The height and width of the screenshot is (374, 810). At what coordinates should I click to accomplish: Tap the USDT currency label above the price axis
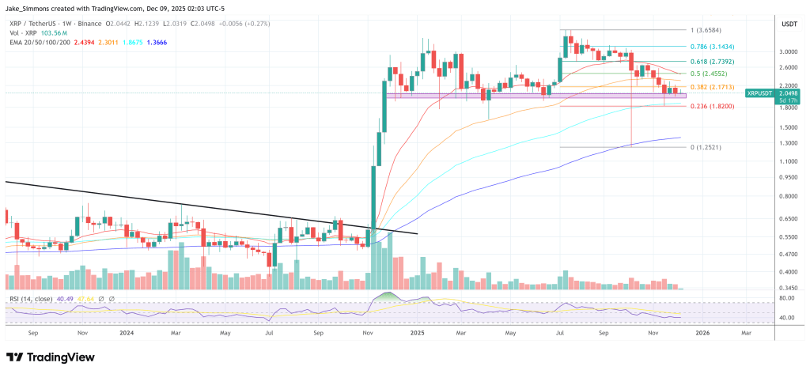coord(789,25)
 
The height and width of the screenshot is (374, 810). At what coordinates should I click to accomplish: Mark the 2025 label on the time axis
coord(418,334)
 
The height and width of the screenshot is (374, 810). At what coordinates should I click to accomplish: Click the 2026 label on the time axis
coord(702,334)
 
